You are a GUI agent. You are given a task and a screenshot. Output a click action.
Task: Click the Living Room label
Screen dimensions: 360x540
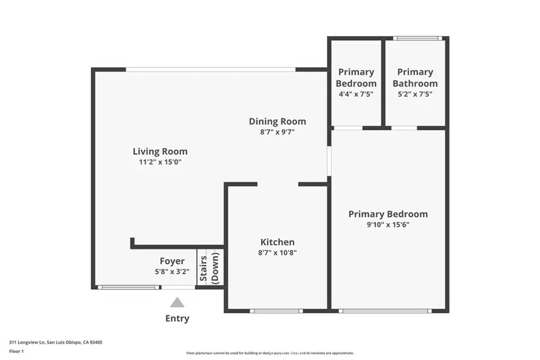point(160,151)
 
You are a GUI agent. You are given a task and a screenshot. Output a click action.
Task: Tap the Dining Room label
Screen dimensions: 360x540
point(277,121)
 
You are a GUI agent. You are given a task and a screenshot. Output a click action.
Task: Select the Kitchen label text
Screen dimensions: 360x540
point(277,242)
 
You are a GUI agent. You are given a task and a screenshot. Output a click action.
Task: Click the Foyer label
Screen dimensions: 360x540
point(172,261)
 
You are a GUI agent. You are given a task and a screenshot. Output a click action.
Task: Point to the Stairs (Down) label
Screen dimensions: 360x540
point(209,268)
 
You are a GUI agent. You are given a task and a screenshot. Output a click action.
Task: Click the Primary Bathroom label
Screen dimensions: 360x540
point(415,77)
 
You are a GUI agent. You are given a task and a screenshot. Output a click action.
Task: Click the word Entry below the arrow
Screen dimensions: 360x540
point(177,319)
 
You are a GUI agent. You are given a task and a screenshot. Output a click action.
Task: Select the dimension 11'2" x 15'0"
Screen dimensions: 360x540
point(160,162)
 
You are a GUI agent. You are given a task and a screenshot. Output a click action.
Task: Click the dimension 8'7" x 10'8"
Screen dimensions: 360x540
point(277,253)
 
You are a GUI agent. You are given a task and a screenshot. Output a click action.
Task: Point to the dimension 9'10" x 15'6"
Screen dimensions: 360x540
point(388,225)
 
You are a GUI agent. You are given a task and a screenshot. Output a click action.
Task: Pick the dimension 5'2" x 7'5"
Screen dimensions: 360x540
point(415,94)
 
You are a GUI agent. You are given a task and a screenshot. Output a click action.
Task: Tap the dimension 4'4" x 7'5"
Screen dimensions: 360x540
point(356,94)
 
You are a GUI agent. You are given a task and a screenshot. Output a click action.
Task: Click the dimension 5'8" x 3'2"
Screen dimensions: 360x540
point(172,271)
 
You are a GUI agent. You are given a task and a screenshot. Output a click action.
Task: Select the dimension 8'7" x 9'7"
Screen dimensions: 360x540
point(277,132)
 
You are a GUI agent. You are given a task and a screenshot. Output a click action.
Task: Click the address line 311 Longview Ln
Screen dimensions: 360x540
point(55,343)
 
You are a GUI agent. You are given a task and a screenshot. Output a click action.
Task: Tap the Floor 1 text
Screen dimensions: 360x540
point(17,352)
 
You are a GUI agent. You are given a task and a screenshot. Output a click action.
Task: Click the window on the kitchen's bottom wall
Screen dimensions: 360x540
point(276,311)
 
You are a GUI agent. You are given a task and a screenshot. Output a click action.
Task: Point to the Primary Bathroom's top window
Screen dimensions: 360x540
point(418,38)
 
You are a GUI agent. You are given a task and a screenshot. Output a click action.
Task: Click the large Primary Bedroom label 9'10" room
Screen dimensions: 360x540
point(388,214)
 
